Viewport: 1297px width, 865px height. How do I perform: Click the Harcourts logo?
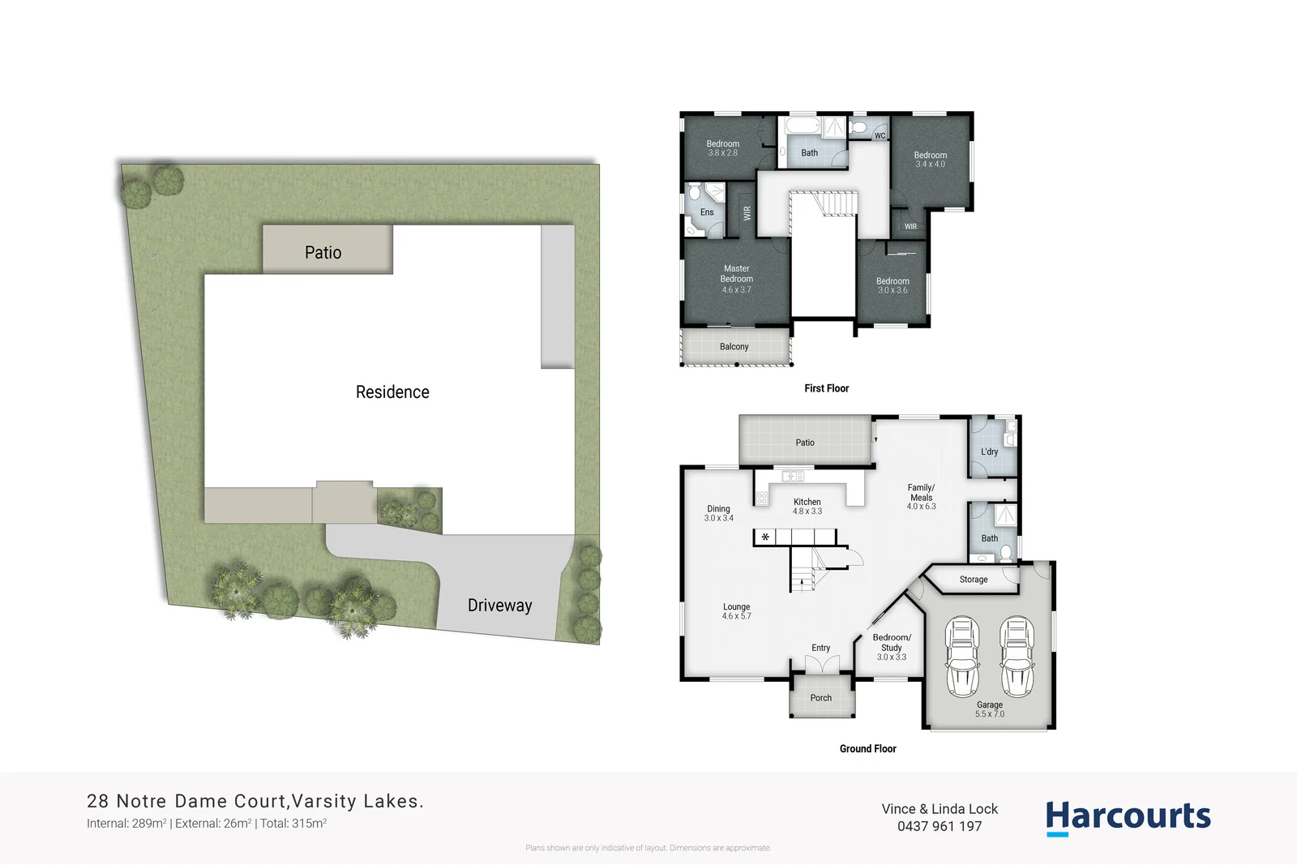[x=1128, y=816]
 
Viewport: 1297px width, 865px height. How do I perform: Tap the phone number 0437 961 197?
[x=940, y=827]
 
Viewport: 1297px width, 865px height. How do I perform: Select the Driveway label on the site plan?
[x=499, y=606]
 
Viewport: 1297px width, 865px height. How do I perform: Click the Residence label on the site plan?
[x=392, y=392]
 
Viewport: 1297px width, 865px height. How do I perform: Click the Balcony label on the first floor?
[x=734, y=347]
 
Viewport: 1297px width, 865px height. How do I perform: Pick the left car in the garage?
[x=963, y=657]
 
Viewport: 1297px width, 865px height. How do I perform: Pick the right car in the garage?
[x=1017, y=657]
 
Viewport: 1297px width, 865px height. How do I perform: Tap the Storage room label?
[x=974, y=580]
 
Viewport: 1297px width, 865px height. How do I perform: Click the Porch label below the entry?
[x=821, y=698]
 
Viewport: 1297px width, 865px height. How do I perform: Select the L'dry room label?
[x=990, y=452]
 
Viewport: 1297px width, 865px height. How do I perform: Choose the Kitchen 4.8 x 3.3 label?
[x=807, y=507]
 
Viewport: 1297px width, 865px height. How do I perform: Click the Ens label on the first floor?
[x=707, y=212]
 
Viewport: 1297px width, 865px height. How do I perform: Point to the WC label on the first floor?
[x=880, y=136]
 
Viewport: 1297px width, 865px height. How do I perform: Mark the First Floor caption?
[x=826, y=389]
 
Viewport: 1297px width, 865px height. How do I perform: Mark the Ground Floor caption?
[x=867, y=749]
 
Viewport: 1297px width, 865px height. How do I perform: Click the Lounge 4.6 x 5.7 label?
[x=736, y=611]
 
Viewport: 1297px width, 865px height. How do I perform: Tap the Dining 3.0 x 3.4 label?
[x=718, y=513]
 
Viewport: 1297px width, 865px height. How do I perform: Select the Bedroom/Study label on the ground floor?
[x=892, y=647]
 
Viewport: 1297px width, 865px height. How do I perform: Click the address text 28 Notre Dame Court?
[x=186, y=802]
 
